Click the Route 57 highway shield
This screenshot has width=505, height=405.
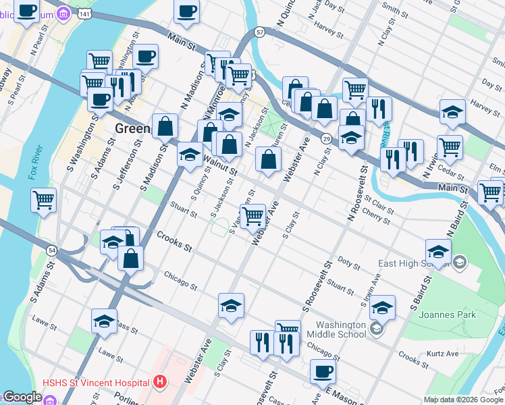260,32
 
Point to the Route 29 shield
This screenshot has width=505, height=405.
326,138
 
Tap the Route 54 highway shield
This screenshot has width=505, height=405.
52,250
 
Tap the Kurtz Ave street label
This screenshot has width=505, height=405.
442,353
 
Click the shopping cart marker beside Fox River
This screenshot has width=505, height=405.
44,200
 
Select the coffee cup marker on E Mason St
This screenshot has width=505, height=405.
322,371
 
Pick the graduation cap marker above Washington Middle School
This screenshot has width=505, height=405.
382,308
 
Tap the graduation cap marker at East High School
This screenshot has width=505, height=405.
438,252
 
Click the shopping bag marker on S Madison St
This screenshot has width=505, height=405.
165,126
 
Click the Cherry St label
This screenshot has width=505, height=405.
376,217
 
